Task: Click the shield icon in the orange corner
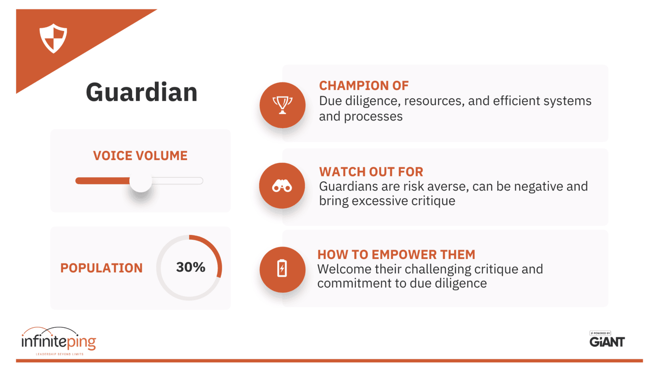[53, 38]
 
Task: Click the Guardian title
[142, 92]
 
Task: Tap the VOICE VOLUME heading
[140, 156]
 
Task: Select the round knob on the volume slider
[140, 181]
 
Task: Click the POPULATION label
[101, 268]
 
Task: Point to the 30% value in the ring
[191, 267]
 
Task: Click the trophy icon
[283, 105]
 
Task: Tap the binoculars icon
[282, 186]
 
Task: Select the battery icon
[282, 268]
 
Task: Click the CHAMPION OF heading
[364, 86]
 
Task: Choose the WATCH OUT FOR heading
[371, 171]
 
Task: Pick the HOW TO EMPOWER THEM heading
[396, 254]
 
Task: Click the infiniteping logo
[59, 340]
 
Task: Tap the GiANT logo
[607, 342]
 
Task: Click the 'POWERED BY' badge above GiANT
[600, 333]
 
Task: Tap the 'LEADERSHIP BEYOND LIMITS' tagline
[60, 354]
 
